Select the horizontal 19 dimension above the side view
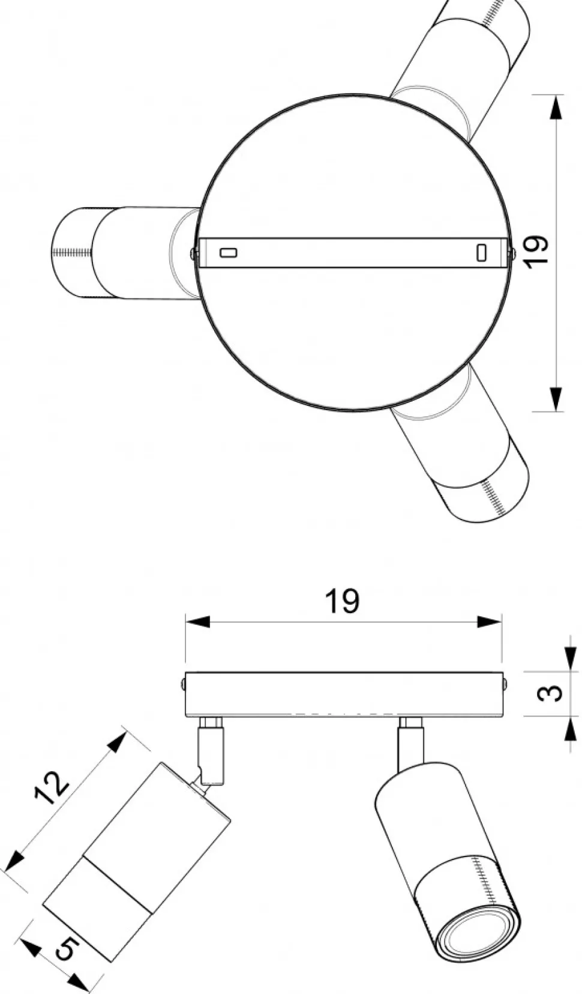point(342,601)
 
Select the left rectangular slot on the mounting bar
point(229,252)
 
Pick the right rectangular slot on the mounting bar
point(481,252)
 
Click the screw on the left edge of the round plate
point(193,253)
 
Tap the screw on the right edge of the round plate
point(512,253)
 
